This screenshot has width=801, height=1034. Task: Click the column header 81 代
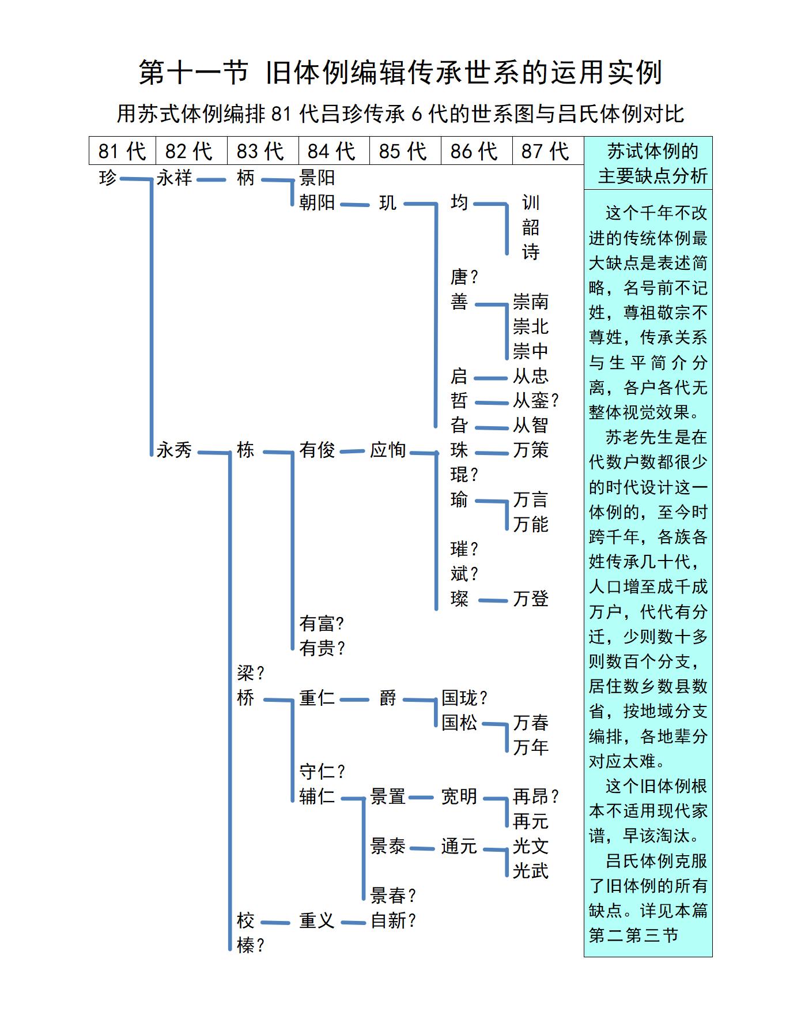122,151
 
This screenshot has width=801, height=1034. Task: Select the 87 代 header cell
545,151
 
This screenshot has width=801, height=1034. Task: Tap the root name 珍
108,178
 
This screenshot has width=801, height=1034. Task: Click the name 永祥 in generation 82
174,178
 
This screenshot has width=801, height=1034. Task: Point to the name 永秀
174,450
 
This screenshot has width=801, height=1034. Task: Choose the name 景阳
317,178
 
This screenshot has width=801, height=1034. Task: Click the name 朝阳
317,202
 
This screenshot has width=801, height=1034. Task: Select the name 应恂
388,450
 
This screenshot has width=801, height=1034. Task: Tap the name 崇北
531,326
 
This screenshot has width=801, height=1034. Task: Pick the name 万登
531,599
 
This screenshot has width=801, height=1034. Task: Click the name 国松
459,723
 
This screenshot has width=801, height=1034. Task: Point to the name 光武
531,871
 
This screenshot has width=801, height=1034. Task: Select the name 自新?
393,920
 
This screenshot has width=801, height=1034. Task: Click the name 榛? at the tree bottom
251,945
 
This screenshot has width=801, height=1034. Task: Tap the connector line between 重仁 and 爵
354,700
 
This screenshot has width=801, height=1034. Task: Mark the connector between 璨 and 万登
493,600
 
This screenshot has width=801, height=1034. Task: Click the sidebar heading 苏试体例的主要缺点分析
648,163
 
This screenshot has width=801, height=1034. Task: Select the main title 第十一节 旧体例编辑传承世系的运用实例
400,73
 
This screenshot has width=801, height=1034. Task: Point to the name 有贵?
322,648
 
